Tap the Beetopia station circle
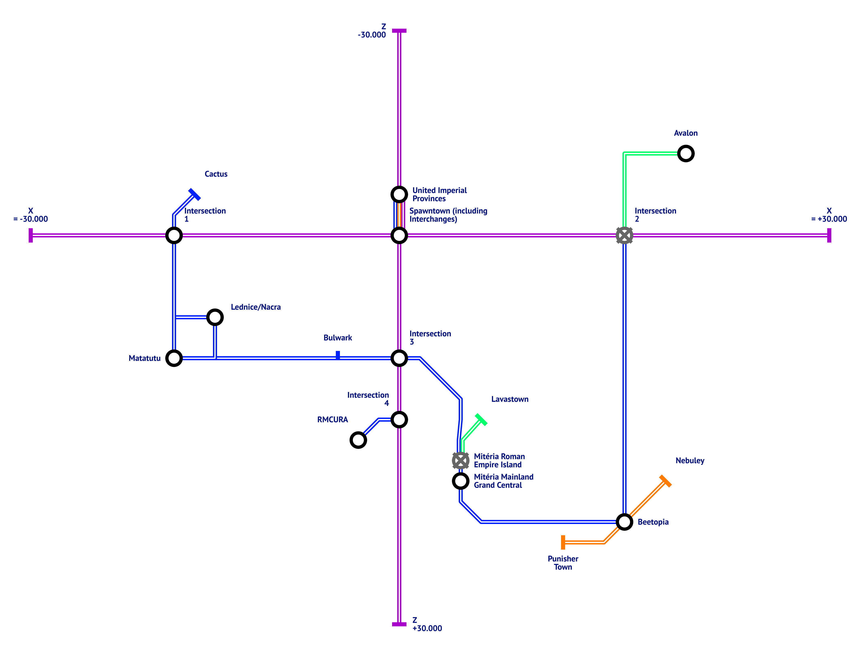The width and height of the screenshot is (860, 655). pyautogui.click(x=624, y=522)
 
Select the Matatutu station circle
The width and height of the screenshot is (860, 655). pyautogui.click(x=174, y=358)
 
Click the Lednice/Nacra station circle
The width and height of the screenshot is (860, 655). pyautogui.click(x=215, y=317)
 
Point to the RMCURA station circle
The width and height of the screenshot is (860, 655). pyautogui.click(x=358, y=440)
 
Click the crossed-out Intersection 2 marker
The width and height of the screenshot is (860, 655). pyautogui.click(x=624, y=235)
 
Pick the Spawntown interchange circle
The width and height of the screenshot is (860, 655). pyautogui.click(x=399, y=235)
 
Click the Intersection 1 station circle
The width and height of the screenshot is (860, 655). pyautogui.click(x=174, y=235)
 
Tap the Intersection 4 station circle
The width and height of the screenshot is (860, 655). pyautogui.click(x=399, y=420)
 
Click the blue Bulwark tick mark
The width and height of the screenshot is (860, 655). pyautogui.click(x=338, y=355)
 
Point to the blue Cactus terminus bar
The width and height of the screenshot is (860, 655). pyautogui.click(x=194, y=194)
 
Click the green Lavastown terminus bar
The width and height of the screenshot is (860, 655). pyautogui.click(x=481, y=420)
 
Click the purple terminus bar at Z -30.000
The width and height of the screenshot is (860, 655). pyautogui.click(x=399, y=30)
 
